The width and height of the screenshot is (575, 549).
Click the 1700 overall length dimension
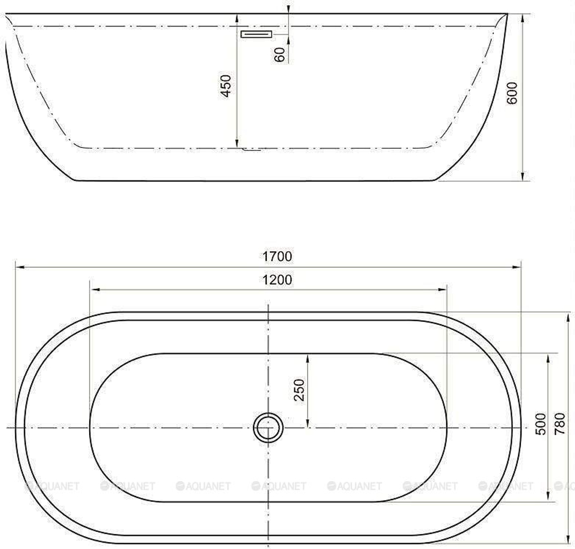click(x=277, y=256)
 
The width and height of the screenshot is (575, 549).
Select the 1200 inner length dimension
click(x=277, y=280)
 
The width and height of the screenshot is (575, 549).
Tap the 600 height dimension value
click(x=512, y=93)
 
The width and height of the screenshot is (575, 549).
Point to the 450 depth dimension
click(x=226, y=86)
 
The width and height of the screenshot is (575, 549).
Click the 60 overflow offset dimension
click(x=280, y=55)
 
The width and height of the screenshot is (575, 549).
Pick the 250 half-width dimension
click(x=299, y=390)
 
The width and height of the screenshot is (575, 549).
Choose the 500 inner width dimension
click(x=541, y=424)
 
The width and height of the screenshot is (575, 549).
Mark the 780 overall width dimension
click(x=559, y=424)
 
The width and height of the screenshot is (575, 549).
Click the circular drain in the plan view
click(x=269, y=428)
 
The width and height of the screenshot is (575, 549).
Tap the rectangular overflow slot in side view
click(x=256, y=34)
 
